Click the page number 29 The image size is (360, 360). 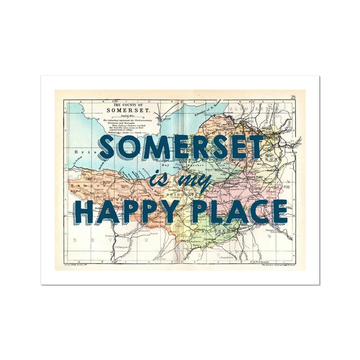coord(293,97)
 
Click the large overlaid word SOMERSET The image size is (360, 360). coord(181,148)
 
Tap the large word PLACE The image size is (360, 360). coord(239,212)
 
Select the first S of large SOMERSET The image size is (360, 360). coord(107,148)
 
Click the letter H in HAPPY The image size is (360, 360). coord(86,212)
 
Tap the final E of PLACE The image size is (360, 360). coord(278,212)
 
